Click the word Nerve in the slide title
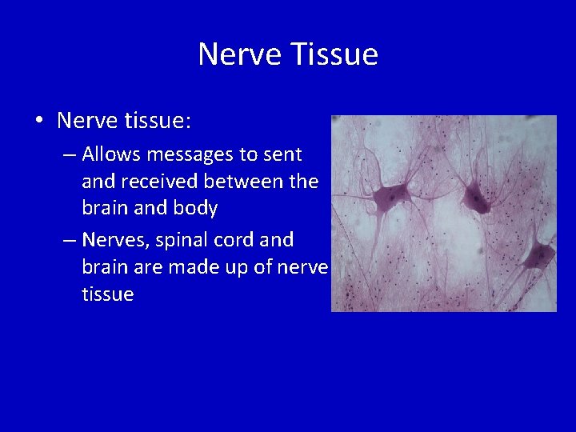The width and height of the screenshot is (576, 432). point(239,54)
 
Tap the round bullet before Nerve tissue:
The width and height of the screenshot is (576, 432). point(38,121)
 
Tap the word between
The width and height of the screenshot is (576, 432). point(250,181)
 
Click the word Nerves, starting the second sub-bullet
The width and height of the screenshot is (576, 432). point(114,239)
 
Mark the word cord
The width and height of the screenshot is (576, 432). point(244,239)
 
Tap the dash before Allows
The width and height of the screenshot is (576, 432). point(69,153)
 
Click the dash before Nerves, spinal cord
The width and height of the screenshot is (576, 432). point(69,239)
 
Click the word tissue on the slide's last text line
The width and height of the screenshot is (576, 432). point(107,294)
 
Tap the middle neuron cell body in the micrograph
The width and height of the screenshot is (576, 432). point(477,197)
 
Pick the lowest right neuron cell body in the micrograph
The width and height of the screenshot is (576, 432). point(538,256)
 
